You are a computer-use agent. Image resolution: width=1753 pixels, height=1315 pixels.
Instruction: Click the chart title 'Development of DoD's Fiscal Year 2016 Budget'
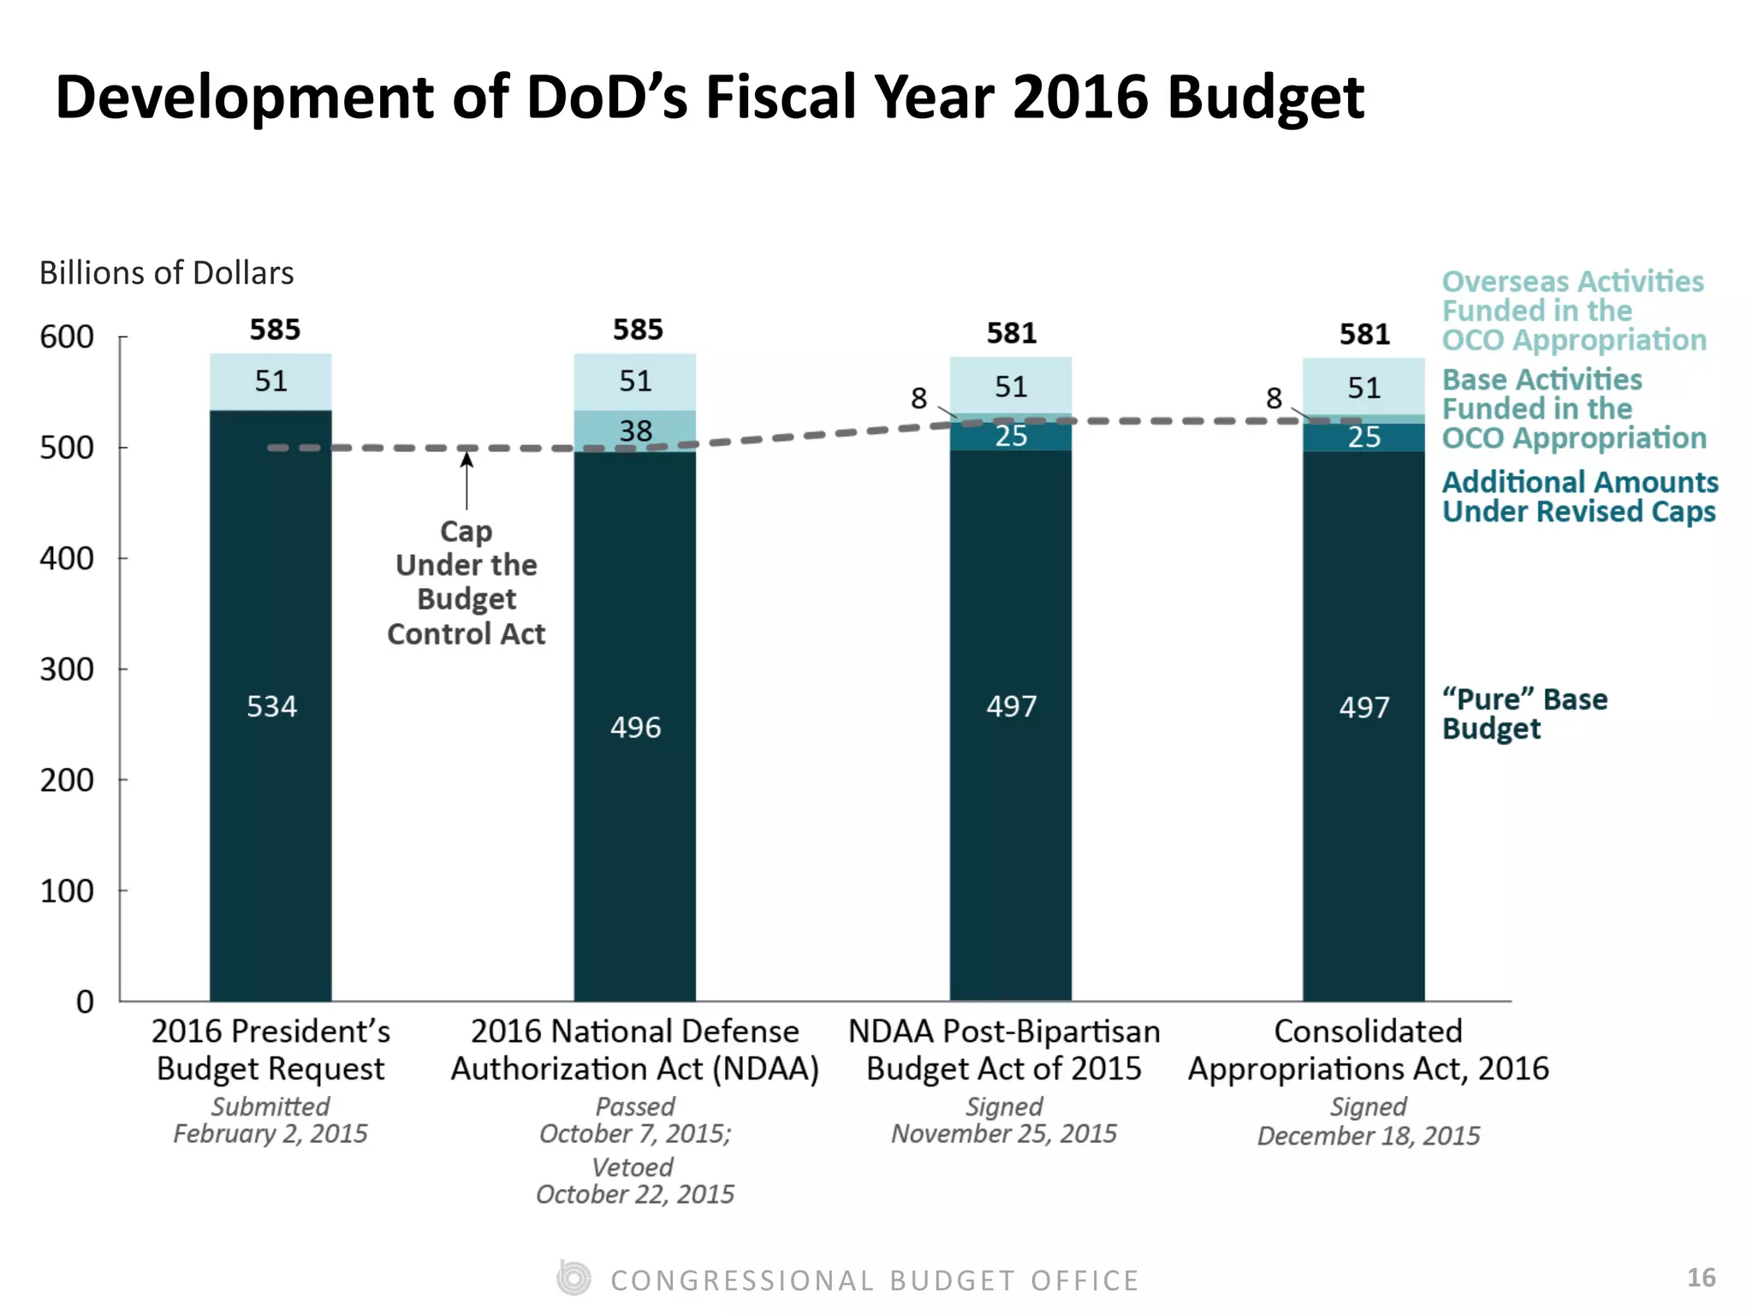709,97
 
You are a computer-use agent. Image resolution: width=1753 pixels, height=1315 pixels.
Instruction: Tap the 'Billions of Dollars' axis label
166,273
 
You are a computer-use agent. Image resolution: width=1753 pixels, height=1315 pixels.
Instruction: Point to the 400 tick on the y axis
67,558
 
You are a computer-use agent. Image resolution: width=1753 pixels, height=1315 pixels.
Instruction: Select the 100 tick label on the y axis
67,891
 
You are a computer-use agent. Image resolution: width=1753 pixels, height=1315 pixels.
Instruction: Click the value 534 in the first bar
271,706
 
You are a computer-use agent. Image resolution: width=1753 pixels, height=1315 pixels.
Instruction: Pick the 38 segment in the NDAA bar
635,431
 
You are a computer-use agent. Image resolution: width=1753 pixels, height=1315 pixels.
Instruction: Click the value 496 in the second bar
635,728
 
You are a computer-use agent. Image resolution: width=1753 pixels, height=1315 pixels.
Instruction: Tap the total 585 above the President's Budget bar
275,330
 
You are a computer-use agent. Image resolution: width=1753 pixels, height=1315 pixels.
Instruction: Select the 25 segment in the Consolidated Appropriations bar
1364,437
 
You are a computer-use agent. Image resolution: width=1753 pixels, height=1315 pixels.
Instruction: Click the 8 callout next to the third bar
918,398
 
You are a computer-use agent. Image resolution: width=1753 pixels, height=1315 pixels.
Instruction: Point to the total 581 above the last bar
1364,334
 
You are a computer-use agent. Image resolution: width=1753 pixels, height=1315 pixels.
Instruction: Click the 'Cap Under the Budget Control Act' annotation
466,582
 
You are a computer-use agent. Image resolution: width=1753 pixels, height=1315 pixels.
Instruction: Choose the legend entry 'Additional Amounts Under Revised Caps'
1579,497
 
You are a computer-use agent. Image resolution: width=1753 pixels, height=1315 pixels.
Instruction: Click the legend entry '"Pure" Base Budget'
1524,713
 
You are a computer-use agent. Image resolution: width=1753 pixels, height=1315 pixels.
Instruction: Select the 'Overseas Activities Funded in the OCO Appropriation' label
1573,310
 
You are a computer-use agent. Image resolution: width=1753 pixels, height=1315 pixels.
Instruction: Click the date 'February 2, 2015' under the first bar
270,1134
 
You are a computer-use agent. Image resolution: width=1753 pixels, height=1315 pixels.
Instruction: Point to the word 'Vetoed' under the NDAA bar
633,1167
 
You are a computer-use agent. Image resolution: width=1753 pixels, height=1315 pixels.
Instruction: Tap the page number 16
1701,1277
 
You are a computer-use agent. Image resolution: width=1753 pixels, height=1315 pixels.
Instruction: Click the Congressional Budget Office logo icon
573,1278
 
